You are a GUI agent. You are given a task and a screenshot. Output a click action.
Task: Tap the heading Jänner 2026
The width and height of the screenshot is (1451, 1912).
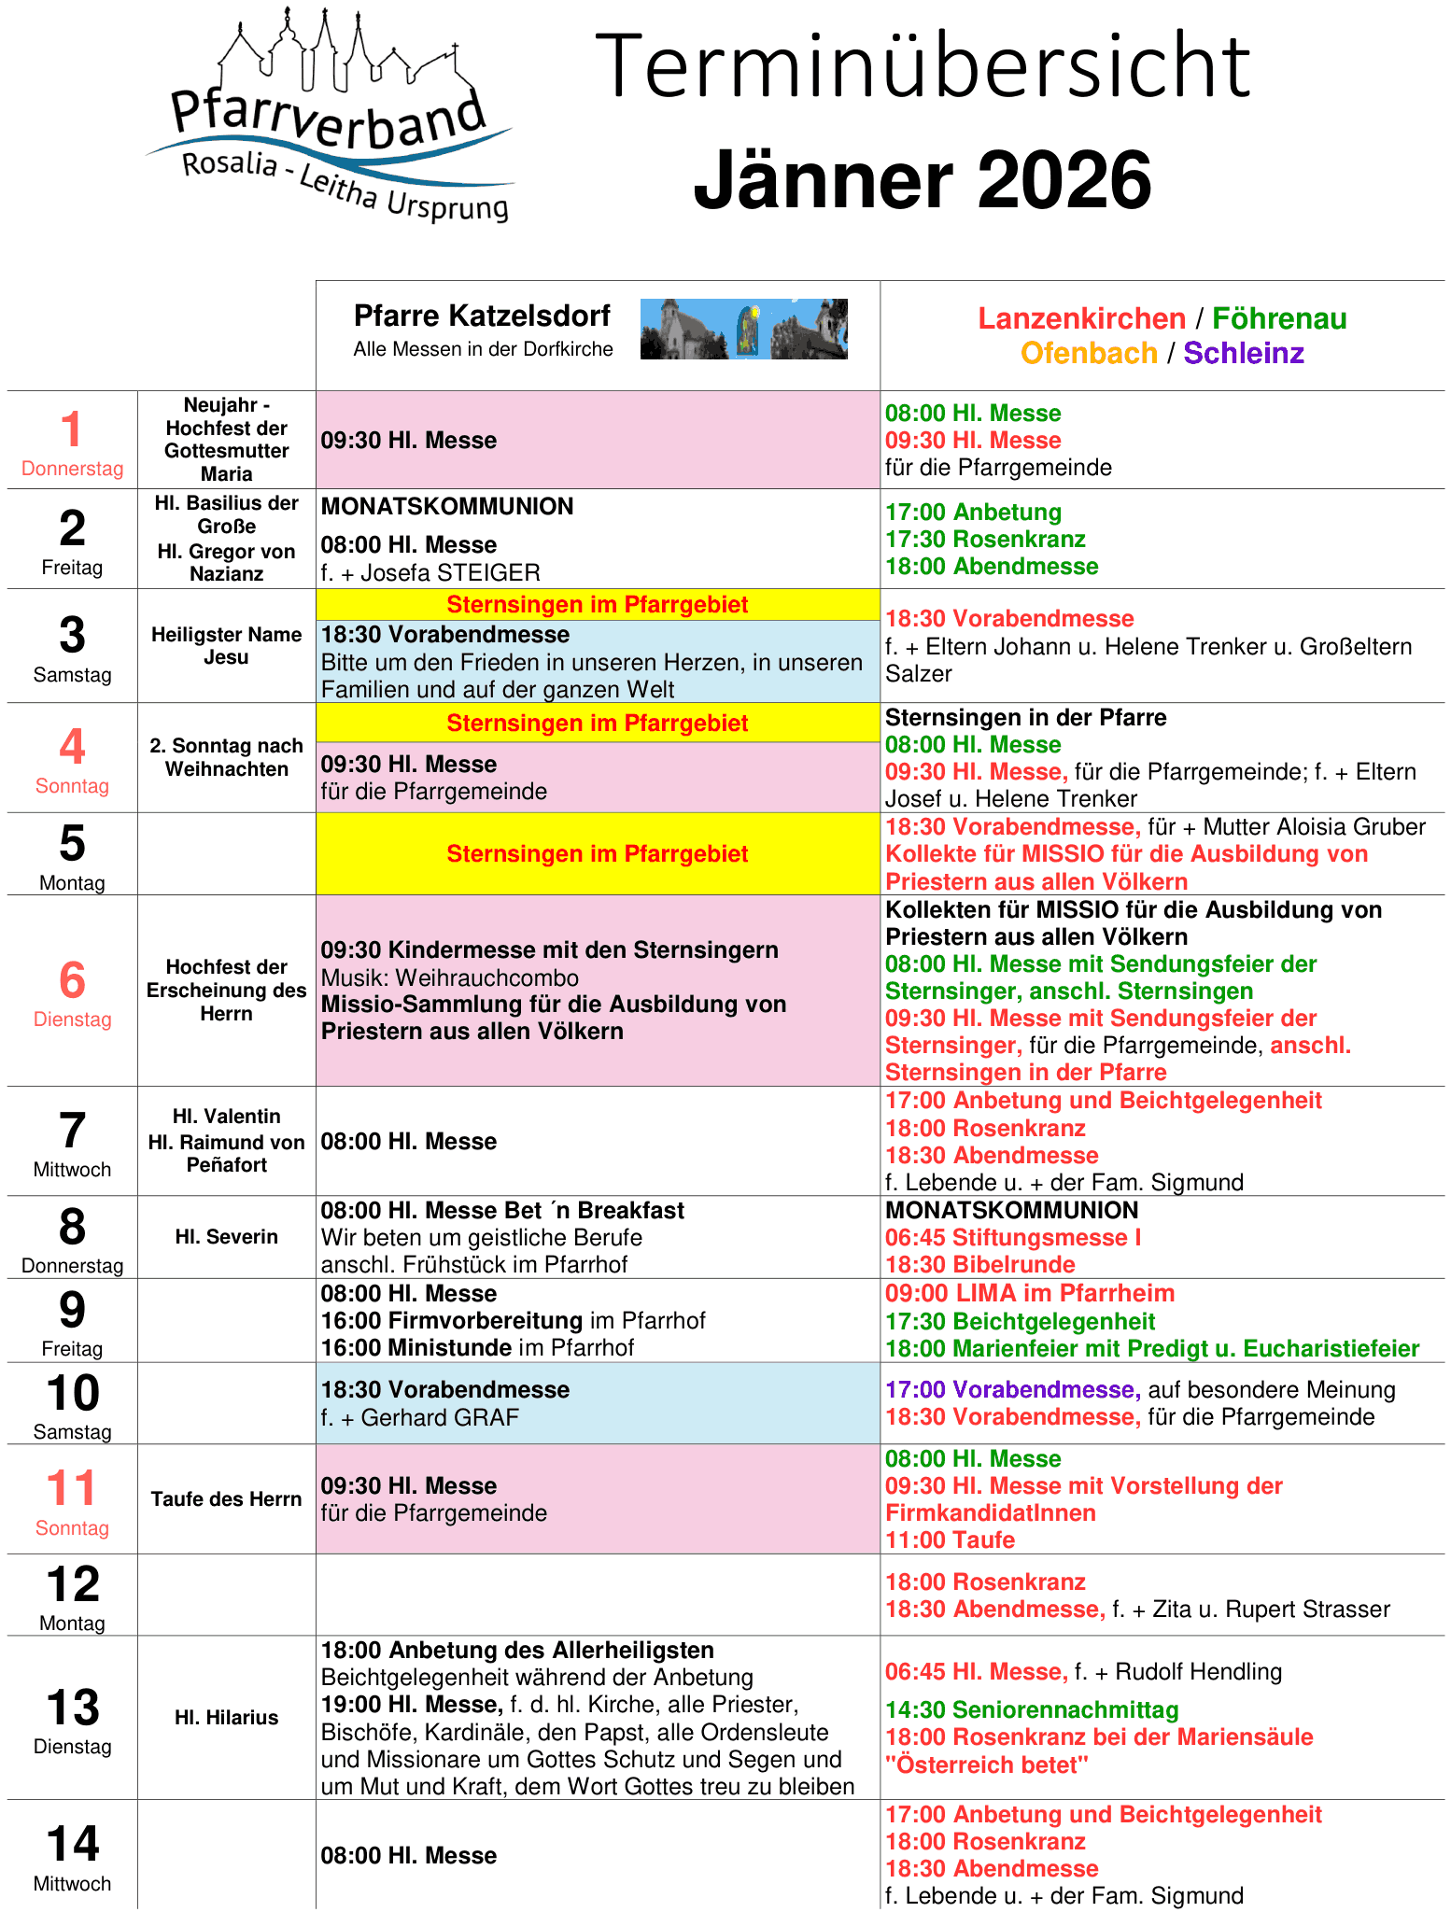(922, 179)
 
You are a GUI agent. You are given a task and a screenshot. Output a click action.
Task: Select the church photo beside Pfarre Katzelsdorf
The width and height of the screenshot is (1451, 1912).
(743, 330)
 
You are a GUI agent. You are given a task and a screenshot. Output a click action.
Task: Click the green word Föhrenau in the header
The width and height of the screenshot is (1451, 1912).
(1278, 319)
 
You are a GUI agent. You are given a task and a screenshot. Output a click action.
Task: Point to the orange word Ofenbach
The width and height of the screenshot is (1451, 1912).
(1088, 354)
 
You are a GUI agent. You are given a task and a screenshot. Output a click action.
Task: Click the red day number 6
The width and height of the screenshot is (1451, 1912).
(72, 981)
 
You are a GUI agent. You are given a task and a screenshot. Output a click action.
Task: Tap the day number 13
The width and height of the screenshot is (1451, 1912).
(72, 1708)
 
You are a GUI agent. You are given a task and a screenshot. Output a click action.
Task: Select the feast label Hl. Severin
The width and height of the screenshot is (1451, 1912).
(226, 1237)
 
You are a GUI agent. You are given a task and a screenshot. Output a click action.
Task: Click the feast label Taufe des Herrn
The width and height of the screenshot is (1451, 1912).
(226, 1499)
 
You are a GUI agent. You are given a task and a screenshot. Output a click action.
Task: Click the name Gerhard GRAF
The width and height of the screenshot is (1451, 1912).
(440, 1418)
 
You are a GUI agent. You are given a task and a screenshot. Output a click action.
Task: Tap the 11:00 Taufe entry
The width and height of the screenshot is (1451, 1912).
(950, 1540)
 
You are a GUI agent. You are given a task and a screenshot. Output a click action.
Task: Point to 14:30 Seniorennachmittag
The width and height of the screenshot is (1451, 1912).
(1032, 1710)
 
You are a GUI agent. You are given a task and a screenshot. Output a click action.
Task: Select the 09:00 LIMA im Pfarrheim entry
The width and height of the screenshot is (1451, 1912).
(1029, 1294)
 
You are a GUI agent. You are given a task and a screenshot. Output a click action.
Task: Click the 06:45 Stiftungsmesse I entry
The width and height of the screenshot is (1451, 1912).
(1013, 1238)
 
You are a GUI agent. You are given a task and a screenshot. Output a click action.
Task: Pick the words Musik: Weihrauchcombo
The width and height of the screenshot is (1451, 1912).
(450, 978)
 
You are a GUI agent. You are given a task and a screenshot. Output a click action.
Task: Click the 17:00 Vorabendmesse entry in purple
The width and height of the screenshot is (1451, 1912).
(1012, 1390)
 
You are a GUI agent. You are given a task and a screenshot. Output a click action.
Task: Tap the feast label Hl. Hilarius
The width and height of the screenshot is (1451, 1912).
(226, 1718)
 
